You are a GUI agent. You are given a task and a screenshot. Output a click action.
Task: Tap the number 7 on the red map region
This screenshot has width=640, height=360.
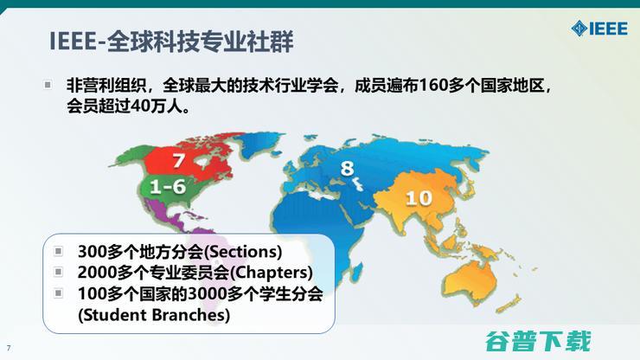click(178, 159)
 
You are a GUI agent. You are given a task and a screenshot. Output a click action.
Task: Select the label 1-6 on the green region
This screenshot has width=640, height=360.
click(168, 186)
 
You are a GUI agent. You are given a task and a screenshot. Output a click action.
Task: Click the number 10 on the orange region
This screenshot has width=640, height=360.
click(419, 198)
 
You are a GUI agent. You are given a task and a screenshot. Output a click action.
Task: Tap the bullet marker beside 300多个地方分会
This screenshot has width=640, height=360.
click(58, 252)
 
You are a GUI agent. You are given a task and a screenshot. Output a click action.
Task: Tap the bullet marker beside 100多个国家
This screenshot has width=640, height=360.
click(58, 293)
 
